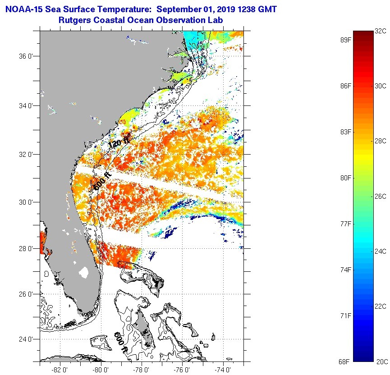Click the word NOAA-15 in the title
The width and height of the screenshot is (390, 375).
(x=23, y=9)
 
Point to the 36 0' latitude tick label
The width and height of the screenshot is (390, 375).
(x=26, y=57)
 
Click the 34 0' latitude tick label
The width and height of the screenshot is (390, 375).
(x=26, y=105)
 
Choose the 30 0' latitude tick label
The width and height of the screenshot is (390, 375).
(x=26, y=202)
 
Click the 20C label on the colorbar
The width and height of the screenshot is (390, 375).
(x=381, y=361)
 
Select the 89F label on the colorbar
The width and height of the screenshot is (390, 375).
(x=346, y=40)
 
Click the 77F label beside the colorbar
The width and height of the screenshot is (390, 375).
(x=346, y=224)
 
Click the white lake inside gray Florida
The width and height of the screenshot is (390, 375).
(x=83, y=272)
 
